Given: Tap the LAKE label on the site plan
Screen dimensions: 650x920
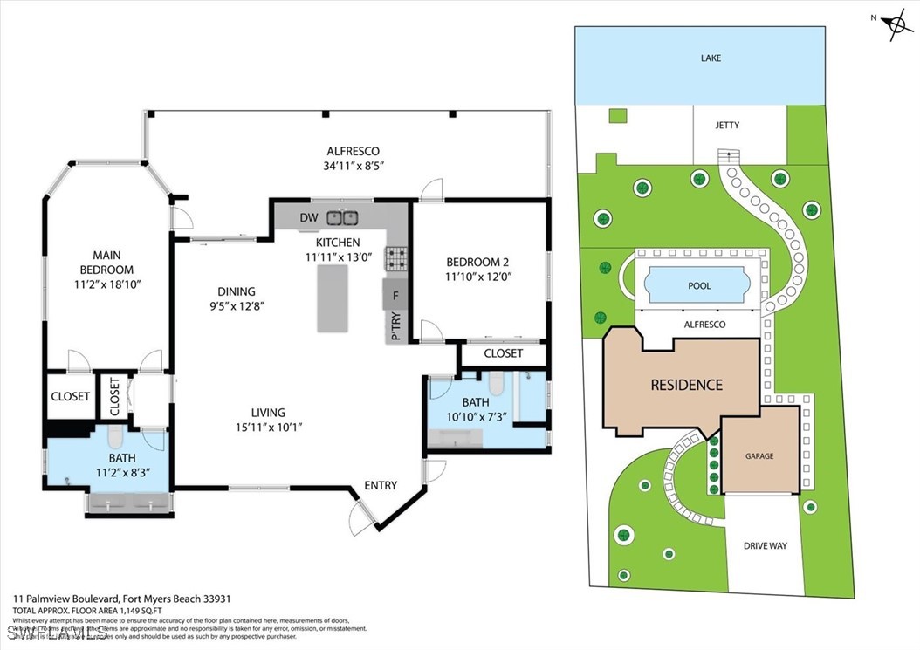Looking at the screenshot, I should pyautogui.click(x=711, y=58).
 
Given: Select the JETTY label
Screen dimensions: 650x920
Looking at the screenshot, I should pyautogui.click(x=726, y=125).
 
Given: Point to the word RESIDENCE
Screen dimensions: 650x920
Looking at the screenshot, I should pyautogui.click(x=685, y=385).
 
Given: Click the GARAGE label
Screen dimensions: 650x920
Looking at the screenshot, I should pyautogui.click(x=759, y=456).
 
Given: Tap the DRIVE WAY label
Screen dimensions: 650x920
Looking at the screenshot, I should pyautogui.click(x=765, y=546).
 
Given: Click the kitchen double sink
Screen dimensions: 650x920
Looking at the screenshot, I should pyautogui.click(x=342, y=218).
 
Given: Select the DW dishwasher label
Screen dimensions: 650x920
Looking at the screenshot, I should pyautogui.click(x=308, y=218).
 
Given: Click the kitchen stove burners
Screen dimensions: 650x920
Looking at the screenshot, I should pyautogui.click(x=397, y=257).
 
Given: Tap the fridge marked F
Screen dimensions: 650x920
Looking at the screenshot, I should pyautogui.click(x=395, y=296).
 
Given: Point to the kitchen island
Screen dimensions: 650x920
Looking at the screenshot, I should pyautogui.click(x=333, y=298).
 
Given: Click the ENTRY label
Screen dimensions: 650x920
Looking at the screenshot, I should pyautogui.click(x=381, y=486).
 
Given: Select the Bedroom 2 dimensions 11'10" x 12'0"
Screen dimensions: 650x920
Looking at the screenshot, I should pyautogui.click(x=477, y=277).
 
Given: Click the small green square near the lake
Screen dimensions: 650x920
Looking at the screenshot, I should pyautogui.click(x=618, y=115).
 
